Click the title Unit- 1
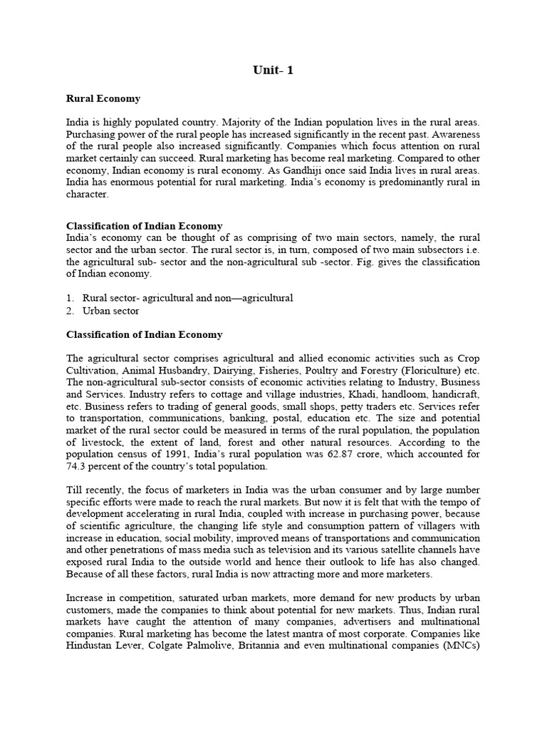(x=273, y=70)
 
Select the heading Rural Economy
(x=103, y=98)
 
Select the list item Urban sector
(x=110, y=311)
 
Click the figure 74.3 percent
(x=100, y=466)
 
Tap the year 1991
(x=170, y=454)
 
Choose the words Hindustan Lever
(x=105, y=647)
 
